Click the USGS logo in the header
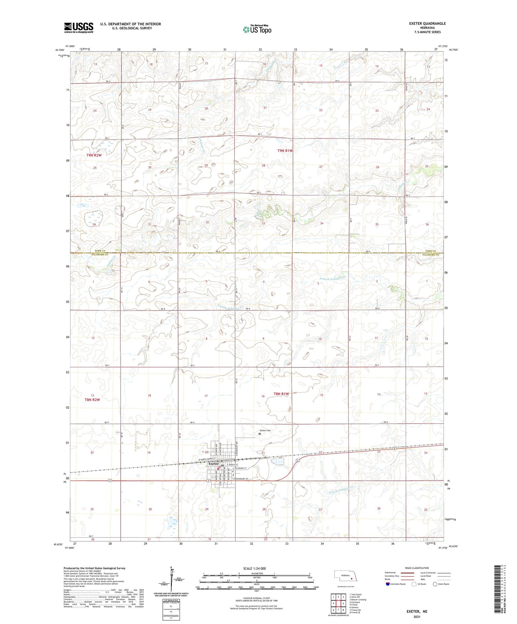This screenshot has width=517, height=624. (79, 27)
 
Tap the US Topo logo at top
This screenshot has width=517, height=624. (257, 29)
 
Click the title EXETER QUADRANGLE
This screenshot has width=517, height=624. (427, 24)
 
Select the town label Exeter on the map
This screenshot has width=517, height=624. (214, 464)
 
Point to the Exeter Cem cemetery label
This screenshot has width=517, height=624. (265, 431)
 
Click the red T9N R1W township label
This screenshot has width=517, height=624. (285, 151)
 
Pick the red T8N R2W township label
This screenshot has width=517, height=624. (92, 400)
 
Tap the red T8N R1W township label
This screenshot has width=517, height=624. (281, 394)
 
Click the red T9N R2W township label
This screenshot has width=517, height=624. (94, 155)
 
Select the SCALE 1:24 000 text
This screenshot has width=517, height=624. (254, 568)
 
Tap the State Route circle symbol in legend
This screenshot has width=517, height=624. (435, 585)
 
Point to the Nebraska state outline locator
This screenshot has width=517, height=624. (344, 576)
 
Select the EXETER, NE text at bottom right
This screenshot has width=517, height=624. (417, 611)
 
